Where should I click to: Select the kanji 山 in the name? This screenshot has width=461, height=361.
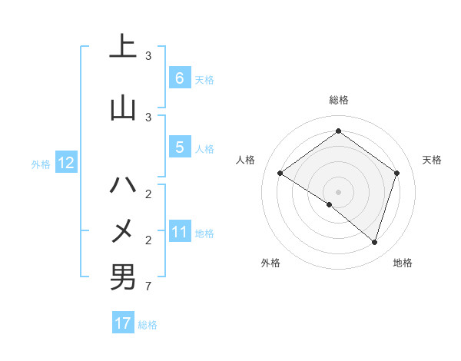pyautogui.click(x=123, y=107)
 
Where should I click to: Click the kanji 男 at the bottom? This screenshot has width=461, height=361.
pyautogui.click(x=123, y=277)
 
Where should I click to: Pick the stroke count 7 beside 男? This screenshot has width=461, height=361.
pyautogui.click(x=148, y=287)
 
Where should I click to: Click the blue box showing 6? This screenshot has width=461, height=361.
pyautogui.click(x=179, y=78)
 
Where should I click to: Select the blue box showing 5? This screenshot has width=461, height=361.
pyautogui.click(x=179, y=147)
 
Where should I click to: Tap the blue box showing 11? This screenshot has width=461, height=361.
pyautogui.click(x=179, y=232)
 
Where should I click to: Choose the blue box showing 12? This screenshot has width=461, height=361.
pyautogui.click(x=65, y=163)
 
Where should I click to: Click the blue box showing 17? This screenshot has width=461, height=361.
pyautogui.click(x=123, y=323)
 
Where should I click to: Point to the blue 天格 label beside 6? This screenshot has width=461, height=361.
pyautogui.click(x=204, y=79)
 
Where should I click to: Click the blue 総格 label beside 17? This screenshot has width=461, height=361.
pyautogui.click(x=148, y=325)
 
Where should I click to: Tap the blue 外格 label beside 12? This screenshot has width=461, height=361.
pyautogui.click(x=41, y=164)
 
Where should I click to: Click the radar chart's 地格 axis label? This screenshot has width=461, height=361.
pyautogui.click(x=403, y=263)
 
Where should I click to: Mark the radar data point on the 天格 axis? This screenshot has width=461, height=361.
pyautogui.click(x=396, y=173)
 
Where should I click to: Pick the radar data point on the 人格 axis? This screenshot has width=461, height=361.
pyautogui.click(x=280, y=173)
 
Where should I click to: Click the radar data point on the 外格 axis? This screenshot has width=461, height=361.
pyautogui.click(x=330, y=204)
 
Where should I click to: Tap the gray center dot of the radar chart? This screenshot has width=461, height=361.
pyautogui.click(x=338, y=191)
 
